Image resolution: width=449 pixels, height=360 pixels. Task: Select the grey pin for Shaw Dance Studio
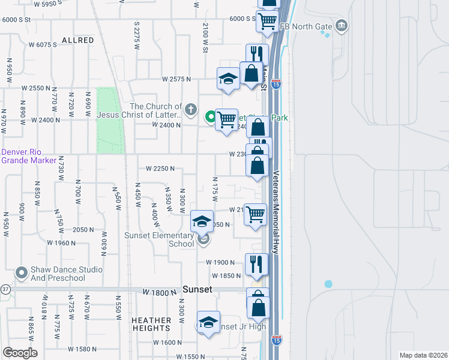point(22,274)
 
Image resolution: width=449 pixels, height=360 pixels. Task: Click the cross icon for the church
point(191,109)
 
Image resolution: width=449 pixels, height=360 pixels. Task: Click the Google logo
point(20,352)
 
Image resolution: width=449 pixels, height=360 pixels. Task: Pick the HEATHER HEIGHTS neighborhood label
point(151,325)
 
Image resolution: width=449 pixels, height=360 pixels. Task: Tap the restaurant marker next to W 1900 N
point(256,265)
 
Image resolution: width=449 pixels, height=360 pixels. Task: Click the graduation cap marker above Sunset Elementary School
point(202,222)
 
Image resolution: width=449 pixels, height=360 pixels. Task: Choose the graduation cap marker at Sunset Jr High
point(208,323)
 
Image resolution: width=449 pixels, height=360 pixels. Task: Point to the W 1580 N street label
point(82,349)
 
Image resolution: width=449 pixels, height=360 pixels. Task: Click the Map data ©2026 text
point(423,355)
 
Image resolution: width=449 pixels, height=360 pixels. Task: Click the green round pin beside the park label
point(211,117)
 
